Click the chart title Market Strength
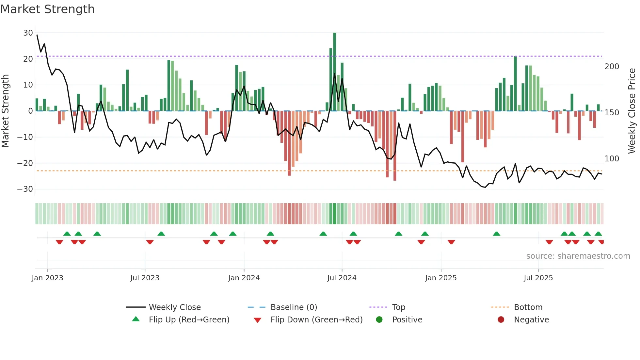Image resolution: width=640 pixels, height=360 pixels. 47,9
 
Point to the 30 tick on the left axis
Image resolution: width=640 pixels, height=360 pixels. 28,33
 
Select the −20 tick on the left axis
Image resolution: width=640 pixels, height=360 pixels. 25,163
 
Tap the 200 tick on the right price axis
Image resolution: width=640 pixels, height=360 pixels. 612,67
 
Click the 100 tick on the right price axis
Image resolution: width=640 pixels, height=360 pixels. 612,159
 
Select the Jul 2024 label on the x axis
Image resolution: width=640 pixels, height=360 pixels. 342,278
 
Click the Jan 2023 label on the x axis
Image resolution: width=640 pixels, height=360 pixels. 47,278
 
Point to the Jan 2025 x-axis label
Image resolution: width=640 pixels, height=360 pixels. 440,278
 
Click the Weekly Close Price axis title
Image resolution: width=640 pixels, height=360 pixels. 632,111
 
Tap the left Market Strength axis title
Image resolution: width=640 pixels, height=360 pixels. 5,111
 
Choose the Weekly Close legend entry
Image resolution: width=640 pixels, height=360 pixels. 174,307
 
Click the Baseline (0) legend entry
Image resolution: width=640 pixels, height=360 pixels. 294,307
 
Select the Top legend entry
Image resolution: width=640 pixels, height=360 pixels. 398,307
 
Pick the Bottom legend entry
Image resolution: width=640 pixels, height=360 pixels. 528,307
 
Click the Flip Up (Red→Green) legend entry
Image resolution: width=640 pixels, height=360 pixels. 189,320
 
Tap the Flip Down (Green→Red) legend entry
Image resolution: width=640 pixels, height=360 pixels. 316,320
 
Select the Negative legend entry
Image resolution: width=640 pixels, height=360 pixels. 531,320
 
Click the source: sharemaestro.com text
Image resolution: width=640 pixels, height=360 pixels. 578,256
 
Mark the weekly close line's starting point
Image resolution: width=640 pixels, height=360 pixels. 37,35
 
